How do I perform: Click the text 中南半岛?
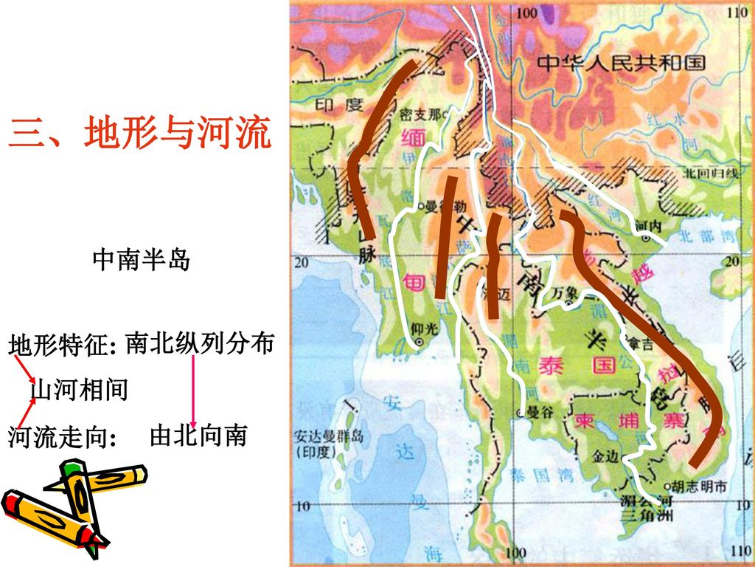[x=141, y=260]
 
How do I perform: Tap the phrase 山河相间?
[x=79, y=389]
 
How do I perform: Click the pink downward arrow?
[x=193, y=391]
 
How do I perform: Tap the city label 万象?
[x=566, y=293]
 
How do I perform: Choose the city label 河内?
[x=647, y=224]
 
